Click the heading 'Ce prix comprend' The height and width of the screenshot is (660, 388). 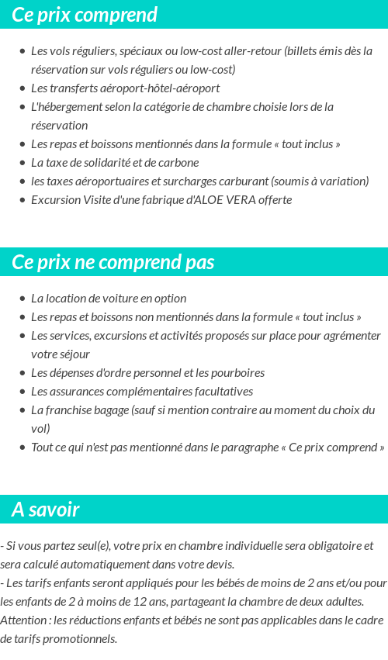pos(85,15)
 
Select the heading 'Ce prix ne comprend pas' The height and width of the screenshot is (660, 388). pos(113,262)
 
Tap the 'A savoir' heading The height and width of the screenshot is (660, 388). pos(46,510)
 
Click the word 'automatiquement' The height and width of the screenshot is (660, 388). pos(113,565)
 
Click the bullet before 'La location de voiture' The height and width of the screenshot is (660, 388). pos(22,299)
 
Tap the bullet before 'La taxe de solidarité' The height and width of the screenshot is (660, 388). pos(22,163)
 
